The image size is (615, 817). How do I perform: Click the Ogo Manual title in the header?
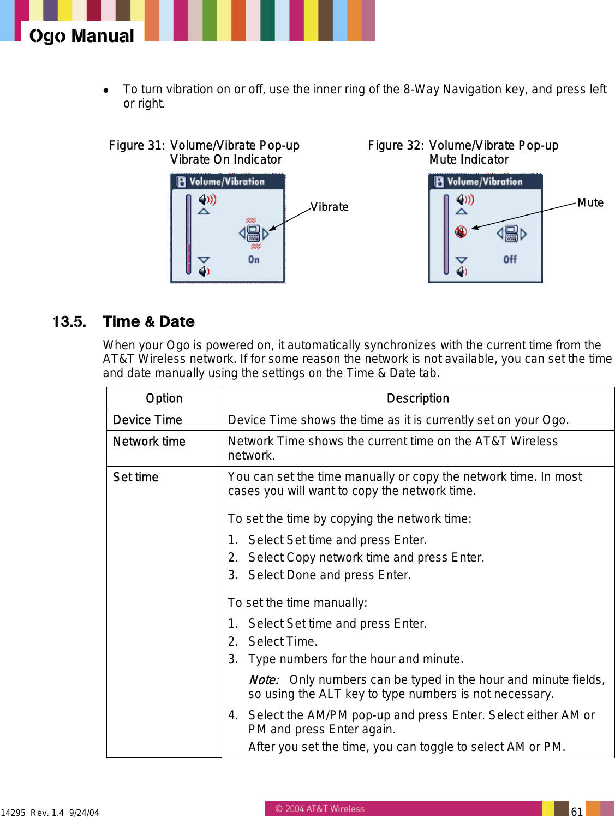point(81,36)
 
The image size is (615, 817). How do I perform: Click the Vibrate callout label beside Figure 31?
point(329,207)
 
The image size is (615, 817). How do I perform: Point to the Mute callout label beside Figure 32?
point(590,202)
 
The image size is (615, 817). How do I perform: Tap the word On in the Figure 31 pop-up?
point(254,259)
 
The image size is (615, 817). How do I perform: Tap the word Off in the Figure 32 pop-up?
point(510,259)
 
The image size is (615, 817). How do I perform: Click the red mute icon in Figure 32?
point(461,232)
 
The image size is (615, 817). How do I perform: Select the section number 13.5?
point(69,322)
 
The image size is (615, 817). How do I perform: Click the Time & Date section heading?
point(148,322)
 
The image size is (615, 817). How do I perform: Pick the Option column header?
point(164,398)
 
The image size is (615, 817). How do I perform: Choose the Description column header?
point(417,398)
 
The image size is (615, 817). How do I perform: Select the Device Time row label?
point(147,420)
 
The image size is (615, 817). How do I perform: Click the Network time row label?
point(149,442)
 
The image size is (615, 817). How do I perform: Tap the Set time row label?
point(135,477)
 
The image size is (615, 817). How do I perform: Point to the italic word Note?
point(264,680)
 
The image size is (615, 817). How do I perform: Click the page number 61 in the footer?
point(577,812)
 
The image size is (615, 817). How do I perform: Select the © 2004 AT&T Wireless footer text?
point(319,809)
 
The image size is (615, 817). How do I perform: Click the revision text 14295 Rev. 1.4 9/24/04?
point(50,813)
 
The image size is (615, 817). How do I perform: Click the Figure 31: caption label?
point(136,146)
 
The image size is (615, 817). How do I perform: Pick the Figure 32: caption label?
point(396,146)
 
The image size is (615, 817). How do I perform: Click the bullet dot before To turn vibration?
point(106,90)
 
